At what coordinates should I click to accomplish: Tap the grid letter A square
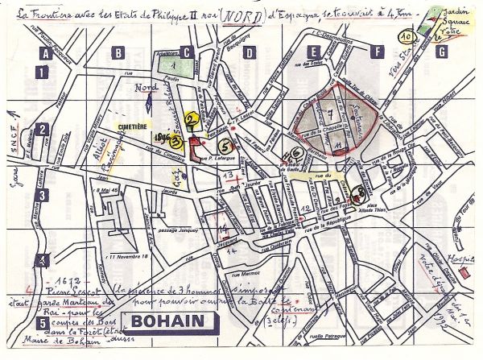point(46,54)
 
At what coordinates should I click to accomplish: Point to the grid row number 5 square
point(42,324)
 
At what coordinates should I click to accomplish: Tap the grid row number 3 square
point(43,194)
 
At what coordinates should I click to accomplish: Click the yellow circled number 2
point(191,121)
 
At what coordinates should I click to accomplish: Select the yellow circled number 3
point(175,139)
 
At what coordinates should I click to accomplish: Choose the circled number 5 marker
point(225,146)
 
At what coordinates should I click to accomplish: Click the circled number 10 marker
point(406,36)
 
